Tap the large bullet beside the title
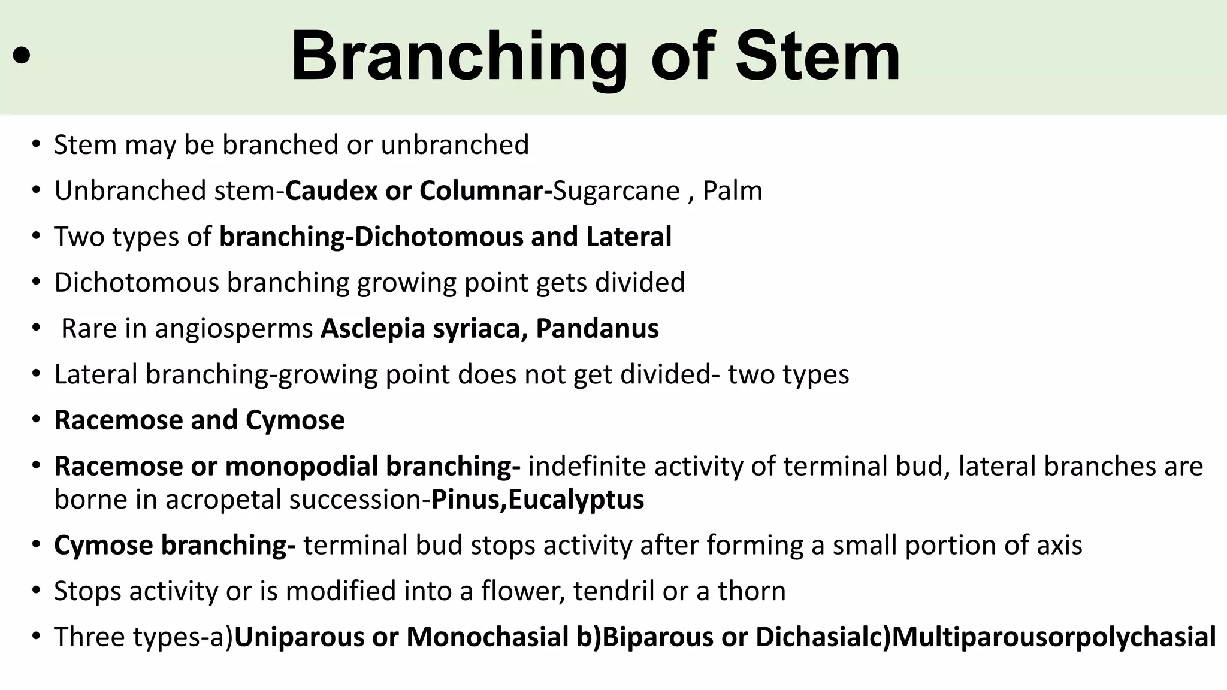tap(22, 56)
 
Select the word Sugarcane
tap(616, 191)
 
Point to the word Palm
tap(732, 191)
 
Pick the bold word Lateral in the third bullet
tap(628, 237)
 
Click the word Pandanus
tap(597, 328)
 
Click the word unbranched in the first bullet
tap(455, 145)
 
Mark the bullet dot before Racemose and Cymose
tap(37, 420)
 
